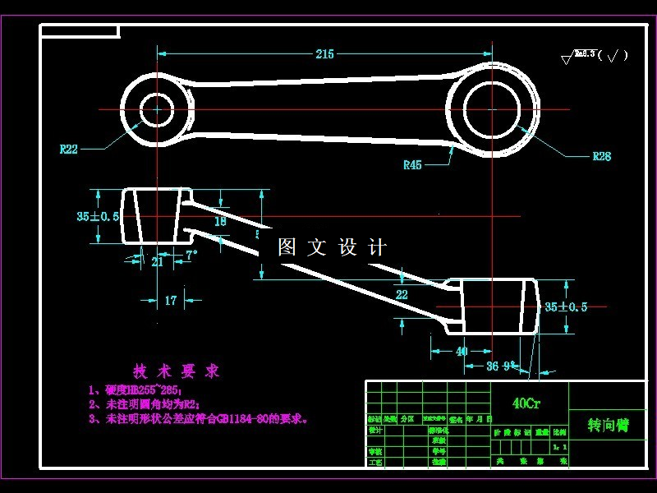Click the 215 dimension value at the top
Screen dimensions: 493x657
[x=324, y=54]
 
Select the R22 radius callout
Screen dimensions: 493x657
[x=69, y=150]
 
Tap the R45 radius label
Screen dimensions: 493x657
[x=412, y=165]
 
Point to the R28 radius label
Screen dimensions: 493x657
[x=602, y=156]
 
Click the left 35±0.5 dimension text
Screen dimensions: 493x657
[x=98, y=216]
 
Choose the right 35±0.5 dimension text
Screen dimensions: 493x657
[x=567, y=307]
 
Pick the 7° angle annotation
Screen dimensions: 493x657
[x=191, y=256]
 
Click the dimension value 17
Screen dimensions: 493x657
[x=170, y=301]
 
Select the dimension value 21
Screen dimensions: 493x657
[x=158, y=262]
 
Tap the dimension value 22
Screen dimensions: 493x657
[x=402, y=294]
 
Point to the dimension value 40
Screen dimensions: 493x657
[x=462, y=351]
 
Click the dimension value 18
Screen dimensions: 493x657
[x=220, y=221]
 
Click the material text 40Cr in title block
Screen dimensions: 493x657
[x=526, y=403]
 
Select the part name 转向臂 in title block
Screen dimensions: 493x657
[x=608, y=425]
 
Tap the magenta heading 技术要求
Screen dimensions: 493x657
[x=177, y=371]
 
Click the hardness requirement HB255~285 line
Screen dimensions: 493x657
[x=136, y=390]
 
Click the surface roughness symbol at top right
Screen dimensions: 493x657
[x=594, y=56]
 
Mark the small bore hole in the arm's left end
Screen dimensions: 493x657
[x=155, y=109]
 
